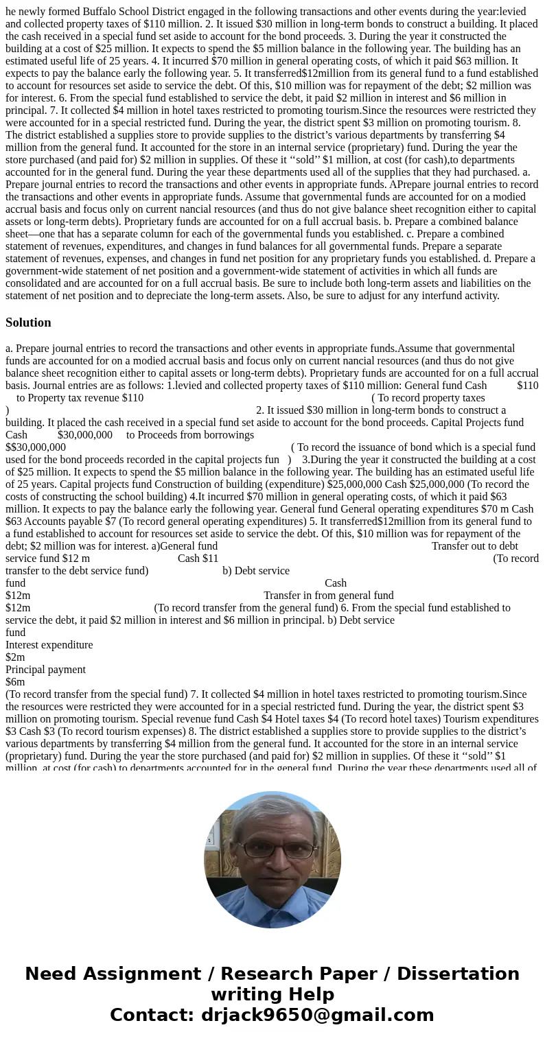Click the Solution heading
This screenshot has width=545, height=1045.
[x=28, y=322]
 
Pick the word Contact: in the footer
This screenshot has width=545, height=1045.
[x=152, y=1015]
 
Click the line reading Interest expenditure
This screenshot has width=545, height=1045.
[x=49, y=644]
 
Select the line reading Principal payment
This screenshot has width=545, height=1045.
[x=45, y=669]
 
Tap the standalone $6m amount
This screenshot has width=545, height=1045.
[x=15, y=681]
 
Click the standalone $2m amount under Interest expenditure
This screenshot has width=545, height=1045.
[x=15, y=657]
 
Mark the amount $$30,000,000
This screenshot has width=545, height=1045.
[x=36, y=447]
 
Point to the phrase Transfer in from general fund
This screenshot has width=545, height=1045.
[x=328, y=595]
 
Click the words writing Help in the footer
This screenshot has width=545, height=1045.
[x=272, y=994]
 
